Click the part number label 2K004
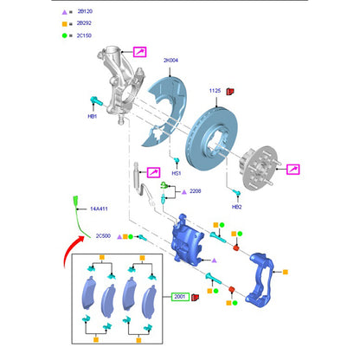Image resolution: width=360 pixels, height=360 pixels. (x=170, y=61)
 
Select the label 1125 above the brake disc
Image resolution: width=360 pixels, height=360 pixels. (x=215, y=91)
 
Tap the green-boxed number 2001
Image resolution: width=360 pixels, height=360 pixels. (x=180, y=297)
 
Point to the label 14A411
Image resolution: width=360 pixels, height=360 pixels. (x=99, y=209)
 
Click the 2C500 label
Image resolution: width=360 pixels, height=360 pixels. (x=103, y=236)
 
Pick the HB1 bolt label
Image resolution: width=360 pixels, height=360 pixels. (x=93, y=116)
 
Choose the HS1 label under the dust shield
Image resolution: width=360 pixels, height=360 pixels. (x=177, y=173)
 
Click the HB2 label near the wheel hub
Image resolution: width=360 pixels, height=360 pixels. (x=237, y=207)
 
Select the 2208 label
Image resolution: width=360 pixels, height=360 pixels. (x=196, y=191)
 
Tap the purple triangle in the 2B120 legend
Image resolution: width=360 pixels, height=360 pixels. (x=64, y=12)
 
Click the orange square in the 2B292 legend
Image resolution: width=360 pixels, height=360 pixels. (x=65, y=24)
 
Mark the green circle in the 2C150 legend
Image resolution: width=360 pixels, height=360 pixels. (x=64, y=35)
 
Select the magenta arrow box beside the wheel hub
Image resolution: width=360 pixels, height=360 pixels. (x=293, y=170)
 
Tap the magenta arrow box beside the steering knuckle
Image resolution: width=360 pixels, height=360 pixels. (x=139, y=52)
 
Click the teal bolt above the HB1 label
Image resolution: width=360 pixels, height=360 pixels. (x=96, y=100)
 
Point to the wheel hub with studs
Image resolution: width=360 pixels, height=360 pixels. (x=259, y=168)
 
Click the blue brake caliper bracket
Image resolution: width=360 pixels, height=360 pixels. (x=260, y=280)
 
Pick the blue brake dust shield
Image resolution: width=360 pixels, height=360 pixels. (x=166, y=111)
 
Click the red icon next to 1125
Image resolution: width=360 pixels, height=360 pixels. (x=230, y=92)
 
